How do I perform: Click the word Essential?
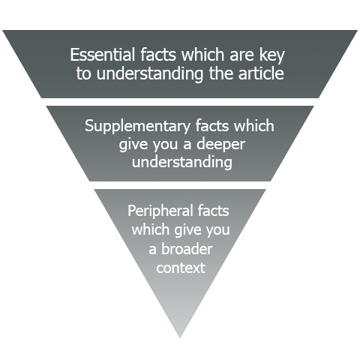click(x=103, y=55)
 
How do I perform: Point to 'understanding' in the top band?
click(x=150, y=74)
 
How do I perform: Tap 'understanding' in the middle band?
click(x=182, y=163)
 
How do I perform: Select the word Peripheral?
click(x=160, y=211)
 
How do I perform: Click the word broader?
click(x=187, y=248)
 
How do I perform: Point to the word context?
click(x=181, y=268)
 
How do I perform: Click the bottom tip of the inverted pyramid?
click(x=180, y=338)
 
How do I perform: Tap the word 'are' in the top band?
click(x=242, y=55)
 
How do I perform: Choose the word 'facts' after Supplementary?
click(x=213, y=125)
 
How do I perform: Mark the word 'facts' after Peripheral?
click(x=213, y=211)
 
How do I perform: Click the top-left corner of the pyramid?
click(x=2, y=31)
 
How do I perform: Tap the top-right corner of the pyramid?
click(x=358, y=31)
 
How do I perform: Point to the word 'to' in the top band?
click(x=83, y=74)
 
